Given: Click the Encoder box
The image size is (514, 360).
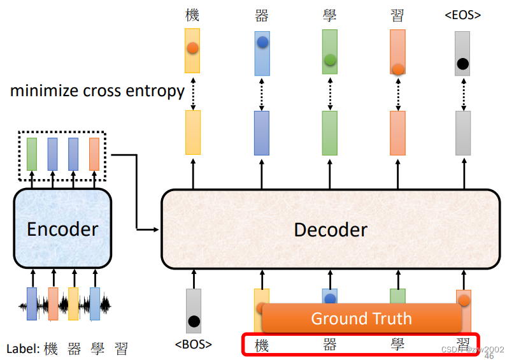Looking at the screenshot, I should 62,229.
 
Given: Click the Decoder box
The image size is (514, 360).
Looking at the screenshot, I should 330,229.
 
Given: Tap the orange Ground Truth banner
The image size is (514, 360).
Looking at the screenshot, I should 361,318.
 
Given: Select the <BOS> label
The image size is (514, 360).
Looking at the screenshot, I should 193,345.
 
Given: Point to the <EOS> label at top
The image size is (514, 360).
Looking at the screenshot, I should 462,15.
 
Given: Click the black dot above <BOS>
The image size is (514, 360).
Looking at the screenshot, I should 194,321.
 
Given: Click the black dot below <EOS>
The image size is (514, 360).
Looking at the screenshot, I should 463,64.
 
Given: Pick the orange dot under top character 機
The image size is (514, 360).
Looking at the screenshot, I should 192,48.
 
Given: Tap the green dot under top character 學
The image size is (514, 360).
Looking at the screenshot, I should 330,61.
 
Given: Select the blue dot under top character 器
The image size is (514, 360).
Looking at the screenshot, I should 262,43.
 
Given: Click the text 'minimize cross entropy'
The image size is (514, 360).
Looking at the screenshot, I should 97,91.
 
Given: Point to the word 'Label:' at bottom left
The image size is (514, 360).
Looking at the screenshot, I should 23,349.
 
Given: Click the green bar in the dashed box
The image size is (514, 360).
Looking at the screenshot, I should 32,154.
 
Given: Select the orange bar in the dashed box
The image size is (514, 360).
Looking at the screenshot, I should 94,154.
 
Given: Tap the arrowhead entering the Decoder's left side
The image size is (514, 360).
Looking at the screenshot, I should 157,229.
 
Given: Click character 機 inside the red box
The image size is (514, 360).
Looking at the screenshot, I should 262,345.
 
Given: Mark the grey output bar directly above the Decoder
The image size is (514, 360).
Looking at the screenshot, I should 463,133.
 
